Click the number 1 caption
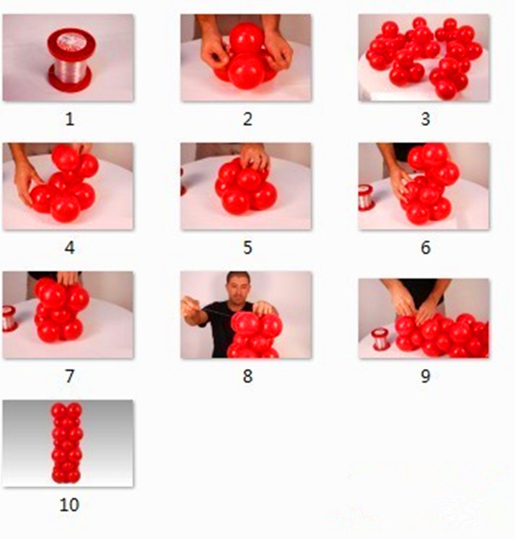(x=70, y=119)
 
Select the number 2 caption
(x=248, y=119)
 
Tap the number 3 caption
(x=426, y=119)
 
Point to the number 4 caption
(x=70, y=248)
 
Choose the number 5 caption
(x=248, y=248)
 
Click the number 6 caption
(x=426, y=248)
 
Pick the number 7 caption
(x=70, y=376)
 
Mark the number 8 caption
(x=248, y=376)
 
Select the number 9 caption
(x=426, y=376)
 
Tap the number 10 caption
(x=70, y=505)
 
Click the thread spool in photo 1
(x=71, y=60)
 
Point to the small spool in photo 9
(x=381, y=339)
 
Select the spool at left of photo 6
(x=366, y=197)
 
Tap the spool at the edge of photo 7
(x=9, y=318)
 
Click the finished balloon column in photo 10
(x=67, y=443)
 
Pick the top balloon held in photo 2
(x=247, y=38)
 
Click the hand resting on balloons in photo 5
(x=255, y=156)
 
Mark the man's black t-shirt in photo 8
(x=221, y=327)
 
